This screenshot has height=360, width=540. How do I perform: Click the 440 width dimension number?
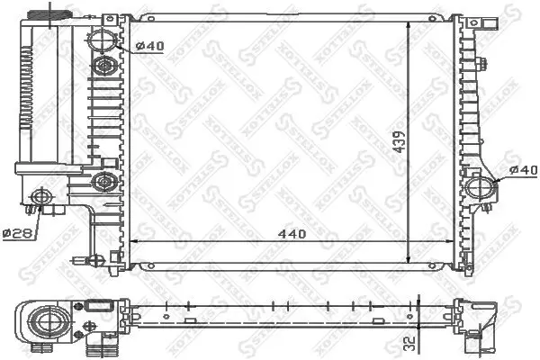(x=292, y=233)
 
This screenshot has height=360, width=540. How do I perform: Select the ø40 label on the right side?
(x=523, y=169)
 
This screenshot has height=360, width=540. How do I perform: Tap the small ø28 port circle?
(x=40, y=196)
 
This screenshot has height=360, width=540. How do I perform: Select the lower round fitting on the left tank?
(x=104, y=183)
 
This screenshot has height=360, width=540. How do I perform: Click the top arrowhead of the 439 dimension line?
(x=410, y=24)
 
